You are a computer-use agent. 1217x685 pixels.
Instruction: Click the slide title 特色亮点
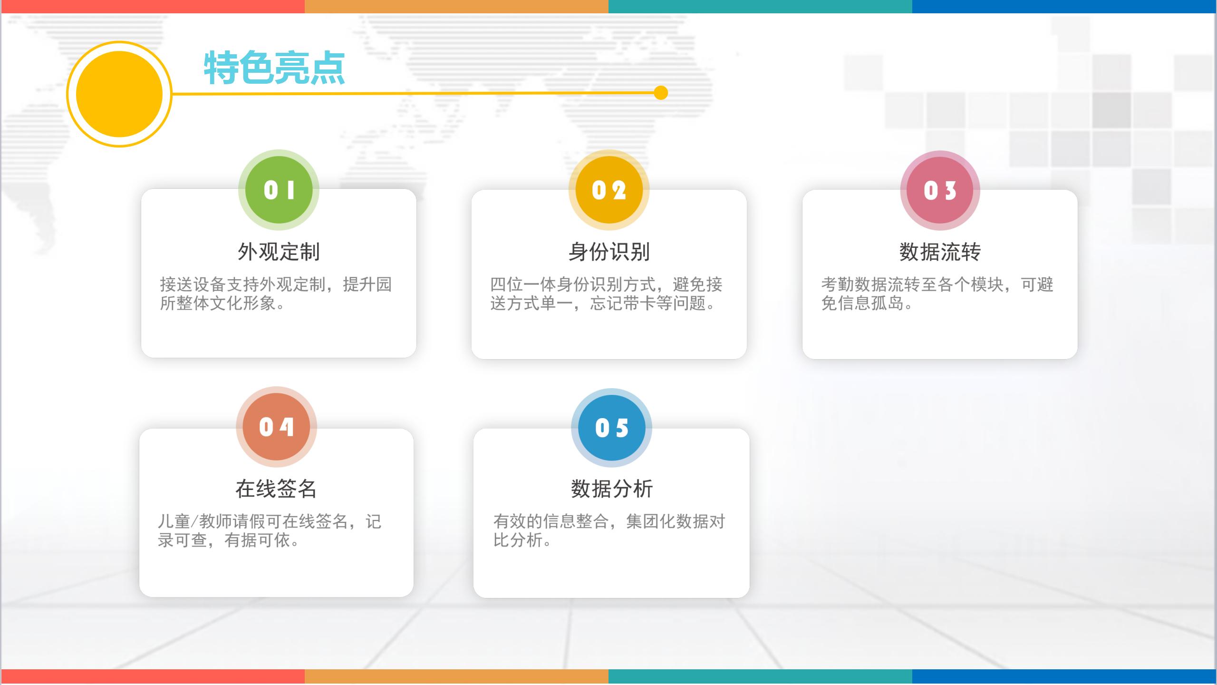click(x=274, y=68)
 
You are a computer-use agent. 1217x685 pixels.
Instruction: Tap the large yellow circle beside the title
click(x=119, y=94)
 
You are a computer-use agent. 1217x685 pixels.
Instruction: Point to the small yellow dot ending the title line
click(x=661, y=93)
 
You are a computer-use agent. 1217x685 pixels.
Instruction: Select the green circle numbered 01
click(x=279, y=190)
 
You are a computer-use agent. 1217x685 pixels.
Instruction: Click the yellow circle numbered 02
click(x=609, y=190)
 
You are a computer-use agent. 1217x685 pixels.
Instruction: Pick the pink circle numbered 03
click(x=940, y=190)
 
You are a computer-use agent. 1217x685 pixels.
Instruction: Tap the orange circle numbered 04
click(x=276, y=427)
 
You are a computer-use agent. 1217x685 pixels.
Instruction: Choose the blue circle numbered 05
click(x=611, y=428)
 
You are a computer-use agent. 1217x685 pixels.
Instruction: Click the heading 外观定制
click(x=279, y=252)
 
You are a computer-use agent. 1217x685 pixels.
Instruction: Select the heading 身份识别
click(x=609, y=252)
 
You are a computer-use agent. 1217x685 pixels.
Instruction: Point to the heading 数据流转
click(x=940, y=252)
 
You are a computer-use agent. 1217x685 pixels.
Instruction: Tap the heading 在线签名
click(x=276, y=489)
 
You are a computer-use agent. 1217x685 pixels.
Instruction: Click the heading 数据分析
click(x=612, y=489)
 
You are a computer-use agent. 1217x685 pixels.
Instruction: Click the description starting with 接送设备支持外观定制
click(x=276, y=294)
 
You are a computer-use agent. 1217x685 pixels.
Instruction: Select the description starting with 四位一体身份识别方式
click(x=606, y=294)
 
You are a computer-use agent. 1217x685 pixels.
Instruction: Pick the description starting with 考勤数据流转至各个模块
click(x=937, y=294)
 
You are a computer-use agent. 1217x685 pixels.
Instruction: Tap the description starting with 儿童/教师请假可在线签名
click(x=269, y=530)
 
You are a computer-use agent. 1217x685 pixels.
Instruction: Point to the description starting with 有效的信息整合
click(x=609, y=530)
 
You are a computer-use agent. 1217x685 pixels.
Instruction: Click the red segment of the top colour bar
click(x=152, y=6)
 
